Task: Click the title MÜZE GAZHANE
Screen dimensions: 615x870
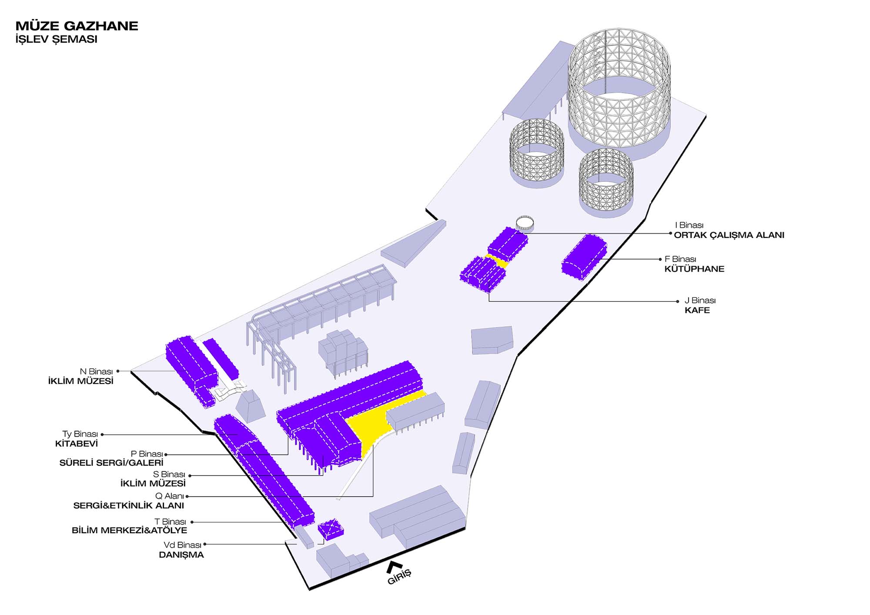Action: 77,26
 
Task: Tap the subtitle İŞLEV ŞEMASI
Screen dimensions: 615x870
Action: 56,39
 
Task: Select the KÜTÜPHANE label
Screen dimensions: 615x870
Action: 694,269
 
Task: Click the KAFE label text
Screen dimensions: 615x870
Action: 697,310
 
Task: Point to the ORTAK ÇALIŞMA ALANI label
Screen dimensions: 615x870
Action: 729,235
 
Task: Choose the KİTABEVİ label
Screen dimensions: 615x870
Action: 77,444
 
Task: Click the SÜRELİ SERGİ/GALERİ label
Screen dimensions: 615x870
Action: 111,463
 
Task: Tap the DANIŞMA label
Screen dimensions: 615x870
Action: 181,555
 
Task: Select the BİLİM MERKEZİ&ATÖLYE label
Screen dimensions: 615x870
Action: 129,530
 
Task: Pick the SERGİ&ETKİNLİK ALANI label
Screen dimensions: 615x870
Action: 128,505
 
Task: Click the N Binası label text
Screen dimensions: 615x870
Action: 96,371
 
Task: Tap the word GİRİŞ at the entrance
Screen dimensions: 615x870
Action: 399,577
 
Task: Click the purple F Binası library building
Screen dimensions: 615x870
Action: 584,257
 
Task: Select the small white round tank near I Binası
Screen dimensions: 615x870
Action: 525,223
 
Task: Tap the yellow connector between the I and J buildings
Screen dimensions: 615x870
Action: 497,261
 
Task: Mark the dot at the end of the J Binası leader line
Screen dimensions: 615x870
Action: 677,301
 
